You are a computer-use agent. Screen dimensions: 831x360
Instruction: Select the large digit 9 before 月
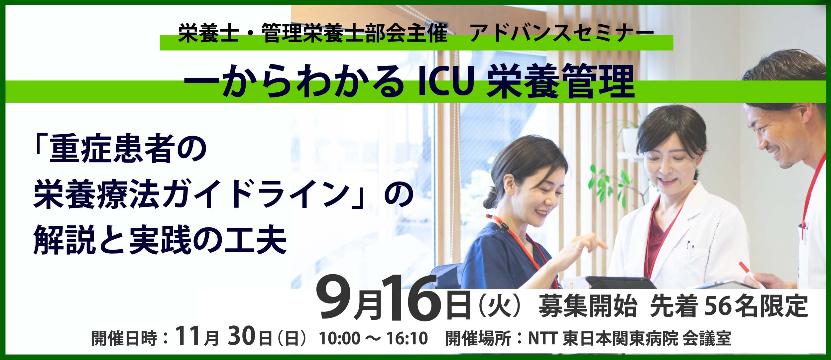coord(334,299)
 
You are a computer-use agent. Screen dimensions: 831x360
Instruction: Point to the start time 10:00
coord(339,338)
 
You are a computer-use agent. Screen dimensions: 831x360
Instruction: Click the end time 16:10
coord(407,338)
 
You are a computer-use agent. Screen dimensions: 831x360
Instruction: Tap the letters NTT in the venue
coord(542,338)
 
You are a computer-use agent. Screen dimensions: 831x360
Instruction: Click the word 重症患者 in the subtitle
coord(112,149)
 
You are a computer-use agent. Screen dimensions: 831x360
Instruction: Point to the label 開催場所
coord(478,338)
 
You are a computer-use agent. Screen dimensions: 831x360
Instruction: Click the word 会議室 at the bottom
coord(707,338)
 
